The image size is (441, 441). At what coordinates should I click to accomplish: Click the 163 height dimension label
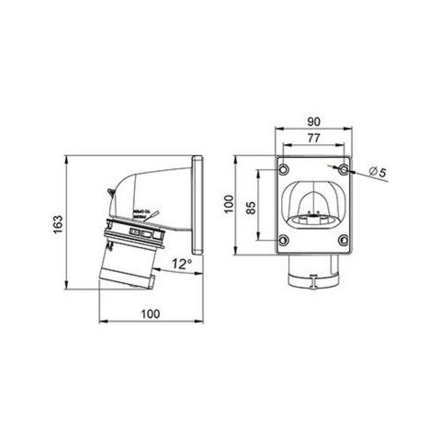tap(58, 223)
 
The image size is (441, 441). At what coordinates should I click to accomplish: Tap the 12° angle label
tap(182, 264)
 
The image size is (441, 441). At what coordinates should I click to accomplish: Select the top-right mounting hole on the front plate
tap(343, 172)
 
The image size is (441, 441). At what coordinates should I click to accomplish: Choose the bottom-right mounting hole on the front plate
tap(343, 243)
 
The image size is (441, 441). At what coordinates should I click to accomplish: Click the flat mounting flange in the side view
tap(197, 207)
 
